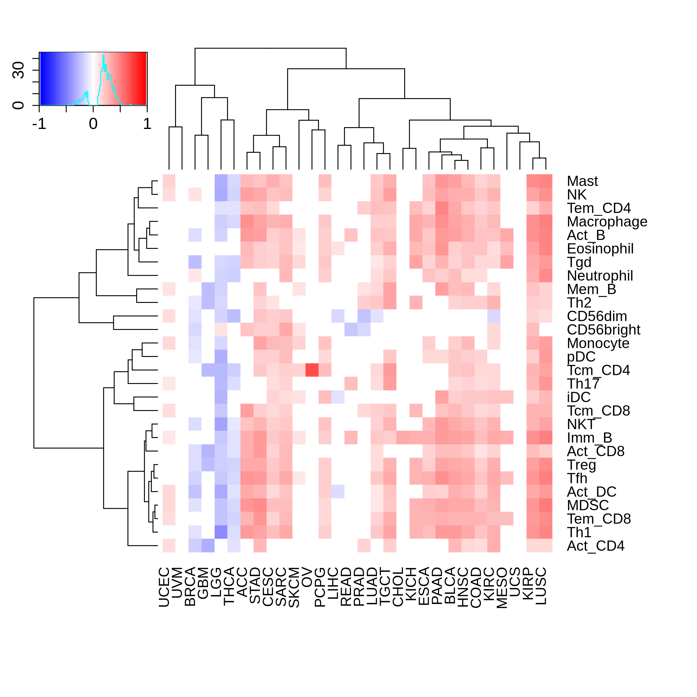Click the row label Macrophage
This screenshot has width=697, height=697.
(x=607, y=222)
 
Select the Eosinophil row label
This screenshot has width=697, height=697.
(x=600, y=249)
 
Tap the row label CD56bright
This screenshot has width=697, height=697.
(x=603, y=330)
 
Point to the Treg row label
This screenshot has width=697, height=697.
(x=581, y=465)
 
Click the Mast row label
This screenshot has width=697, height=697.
(x=582, y=181)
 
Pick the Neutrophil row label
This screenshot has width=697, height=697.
(x=600, y=276)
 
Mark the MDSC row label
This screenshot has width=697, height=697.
(x=588, y=505)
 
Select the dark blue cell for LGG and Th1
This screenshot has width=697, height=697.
(x=221, y=532)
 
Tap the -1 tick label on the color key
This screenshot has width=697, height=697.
(x=39, y=124)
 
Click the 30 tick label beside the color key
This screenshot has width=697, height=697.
(x=18, y=70)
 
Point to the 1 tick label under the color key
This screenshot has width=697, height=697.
(x=147, y=124)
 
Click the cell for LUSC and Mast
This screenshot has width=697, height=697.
(x=546, y=181)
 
